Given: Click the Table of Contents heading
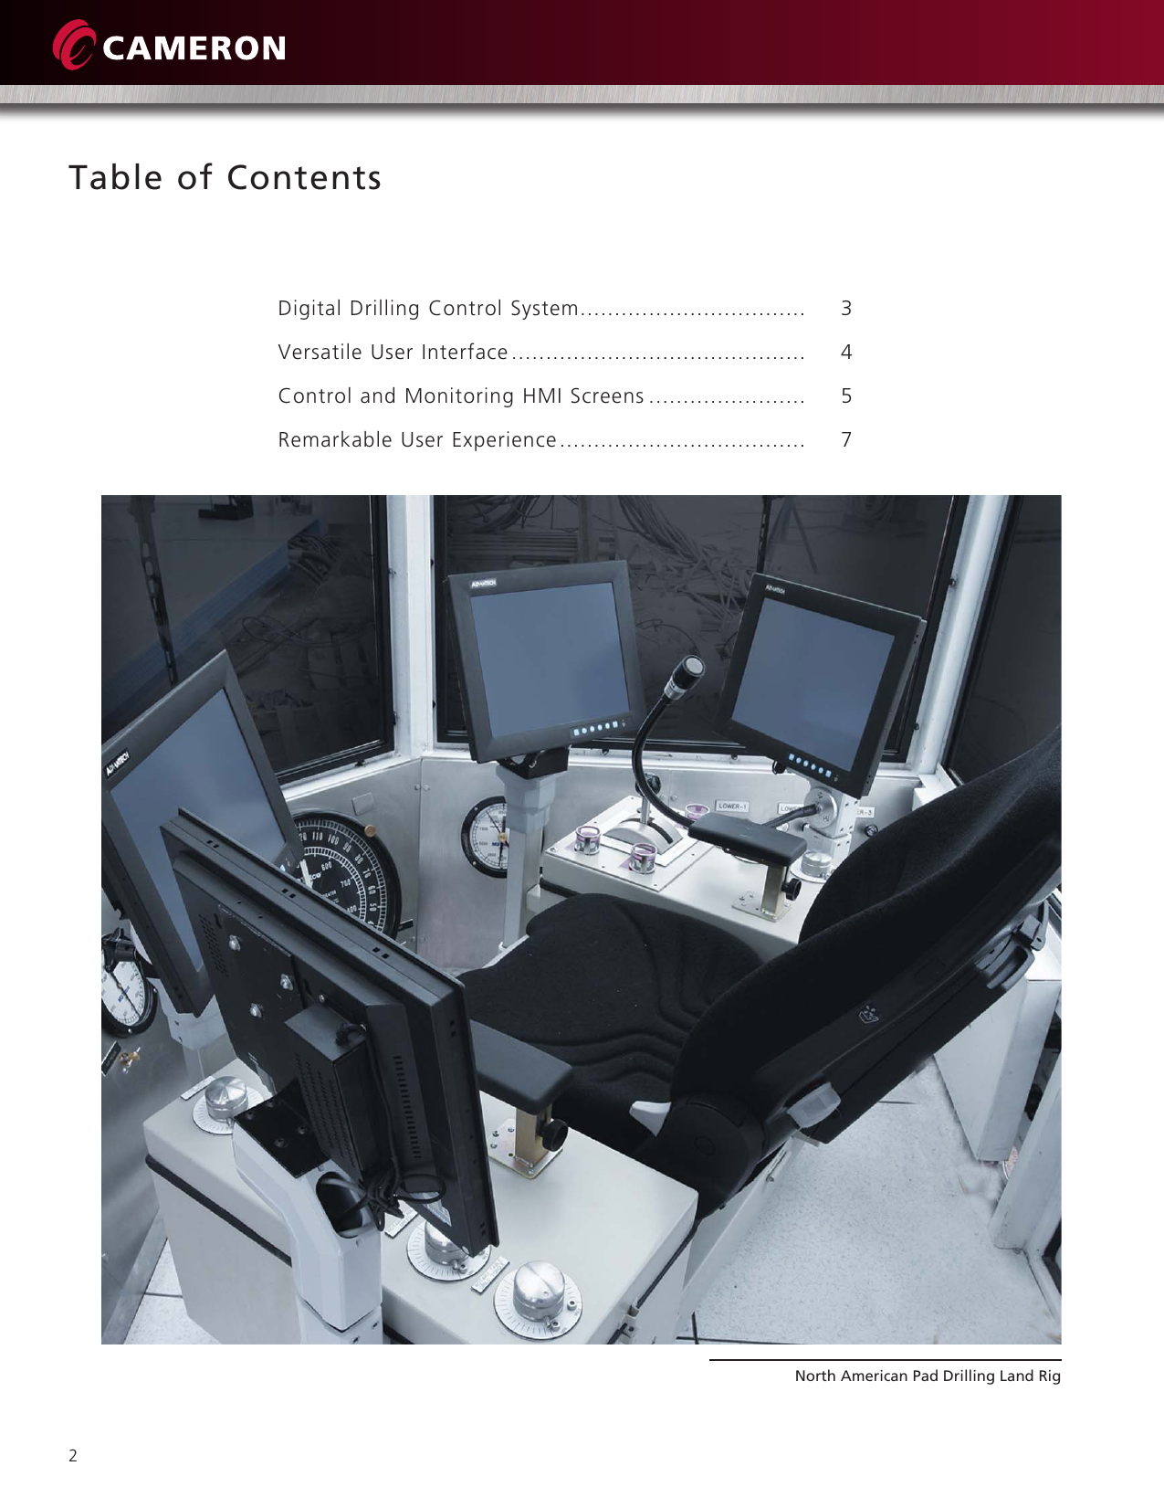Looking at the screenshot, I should [225, 177].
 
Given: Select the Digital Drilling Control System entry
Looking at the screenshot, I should [428, 309].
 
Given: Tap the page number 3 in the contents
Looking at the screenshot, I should [846, 309].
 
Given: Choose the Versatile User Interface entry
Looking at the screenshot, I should [393, 353].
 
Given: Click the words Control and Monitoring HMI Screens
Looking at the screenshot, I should [461, 396].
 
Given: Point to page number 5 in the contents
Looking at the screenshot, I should [846, 396].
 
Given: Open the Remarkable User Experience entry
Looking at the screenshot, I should [417, 440].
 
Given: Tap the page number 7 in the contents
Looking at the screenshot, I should [846, 440].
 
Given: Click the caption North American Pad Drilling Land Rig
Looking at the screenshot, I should [927, 1376].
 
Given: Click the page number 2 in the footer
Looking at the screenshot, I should [73, 1456].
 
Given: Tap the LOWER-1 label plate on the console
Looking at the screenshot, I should [732, 807].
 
